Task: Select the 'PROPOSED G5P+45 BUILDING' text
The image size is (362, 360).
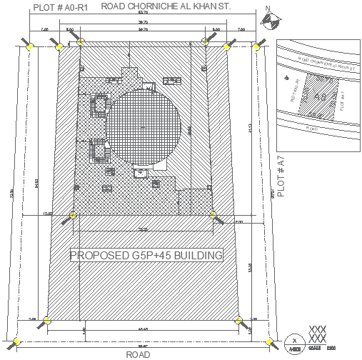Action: point(146,255)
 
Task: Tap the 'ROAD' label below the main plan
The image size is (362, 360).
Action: point(138,354)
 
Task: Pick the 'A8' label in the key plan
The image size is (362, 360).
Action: point(319,96)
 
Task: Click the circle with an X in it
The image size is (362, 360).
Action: point(293,341)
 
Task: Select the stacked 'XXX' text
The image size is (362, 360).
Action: point(317,334)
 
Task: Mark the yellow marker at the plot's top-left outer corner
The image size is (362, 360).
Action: point(30,46)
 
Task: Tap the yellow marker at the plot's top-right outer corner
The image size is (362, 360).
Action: point(256,46)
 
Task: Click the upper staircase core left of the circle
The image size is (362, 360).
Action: point(97,106)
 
